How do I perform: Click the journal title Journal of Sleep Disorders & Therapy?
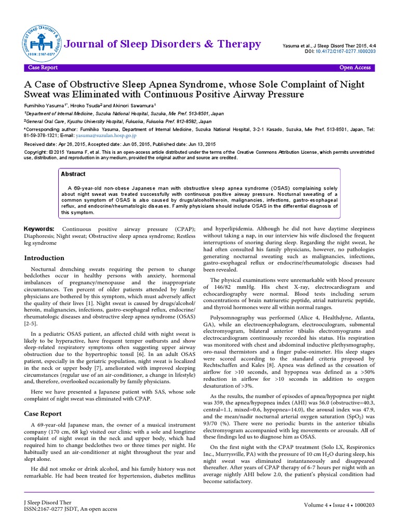point(162,44)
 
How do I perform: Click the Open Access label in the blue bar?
point(355,68)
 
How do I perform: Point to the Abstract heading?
point(73,175)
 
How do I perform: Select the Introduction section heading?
point(45,258)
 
